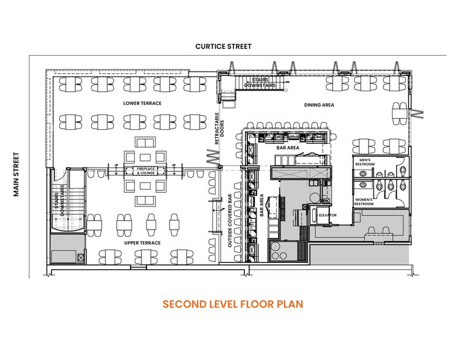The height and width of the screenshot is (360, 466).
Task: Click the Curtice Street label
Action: click(224, 46)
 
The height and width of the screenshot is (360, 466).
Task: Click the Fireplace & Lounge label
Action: click(146, 171)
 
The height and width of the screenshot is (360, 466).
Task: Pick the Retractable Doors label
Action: click(219, 129)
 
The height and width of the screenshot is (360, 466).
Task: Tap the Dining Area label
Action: click(319, 105)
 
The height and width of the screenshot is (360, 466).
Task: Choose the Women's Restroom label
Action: click(364, 202)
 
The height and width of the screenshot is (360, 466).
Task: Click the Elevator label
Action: click(328, 215)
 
